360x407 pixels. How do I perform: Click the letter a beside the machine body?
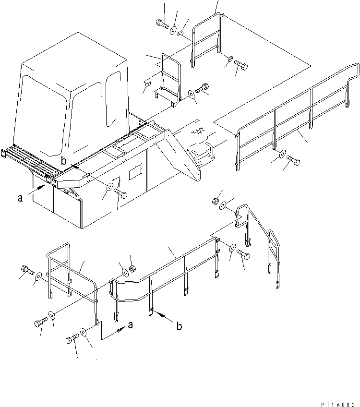pyautogui.click(x=20, y=197)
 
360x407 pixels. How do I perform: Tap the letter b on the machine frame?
pyautogui.click(x=63, y=159)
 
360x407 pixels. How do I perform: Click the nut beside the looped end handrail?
pyautogui.click(x=216, y=200)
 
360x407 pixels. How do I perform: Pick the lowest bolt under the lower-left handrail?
pyautogui.click(x=71, y=339)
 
